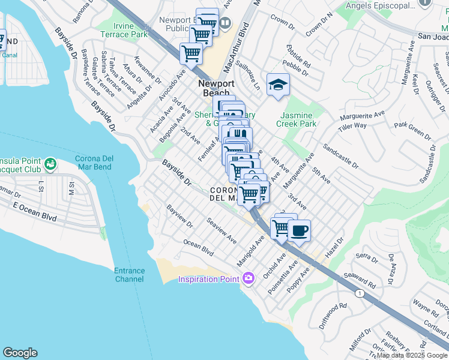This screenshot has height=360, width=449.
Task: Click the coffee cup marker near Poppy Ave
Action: [299, 230]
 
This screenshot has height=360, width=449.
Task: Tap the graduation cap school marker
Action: [279, 85]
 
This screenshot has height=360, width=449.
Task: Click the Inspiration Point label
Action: [208, 278]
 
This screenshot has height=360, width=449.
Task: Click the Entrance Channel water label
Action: [130, 275]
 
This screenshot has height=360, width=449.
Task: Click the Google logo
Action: [20, 353]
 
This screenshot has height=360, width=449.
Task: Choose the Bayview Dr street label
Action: [180, 218]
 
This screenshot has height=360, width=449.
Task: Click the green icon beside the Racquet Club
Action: [50, 163]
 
